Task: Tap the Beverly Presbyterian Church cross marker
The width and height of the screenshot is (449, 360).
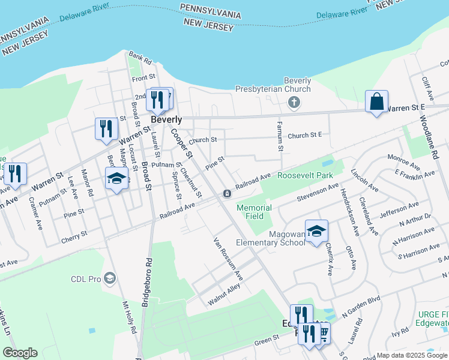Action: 294,102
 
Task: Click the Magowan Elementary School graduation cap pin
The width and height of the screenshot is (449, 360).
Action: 316,231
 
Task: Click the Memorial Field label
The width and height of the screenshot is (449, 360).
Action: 254,212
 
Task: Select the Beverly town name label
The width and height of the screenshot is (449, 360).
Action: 166,119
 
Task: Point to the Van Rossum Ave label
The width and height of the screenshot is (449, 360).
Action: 229,259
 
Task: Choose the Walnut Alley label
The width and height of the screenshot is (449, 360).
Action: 224,295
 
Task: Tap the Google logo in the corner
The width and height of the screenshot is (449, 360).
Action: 20,353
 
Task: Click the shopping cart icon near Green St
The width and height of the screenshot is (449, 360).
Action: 323,332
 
